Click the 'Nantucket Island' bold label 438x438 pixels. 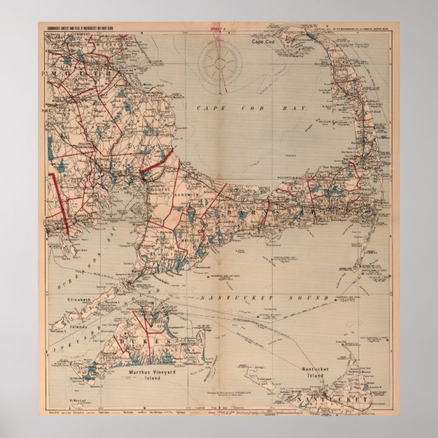317,372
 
